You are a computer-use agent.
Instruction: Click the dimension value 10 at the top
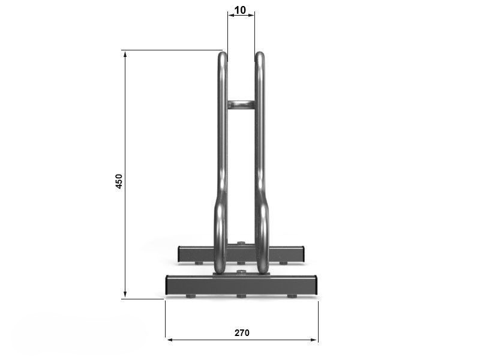click(x=240, y=10)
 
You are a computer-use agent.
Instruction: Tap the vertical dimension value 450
click(x=119, y=181)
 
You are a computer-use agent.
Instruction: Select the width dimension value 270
click(x=242, y=333)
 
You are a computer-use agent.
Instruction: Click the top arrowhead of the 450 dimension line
click(x=125, y=54)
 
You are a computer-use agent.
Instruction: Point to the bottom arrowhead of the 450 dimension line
click(x=125, y=294)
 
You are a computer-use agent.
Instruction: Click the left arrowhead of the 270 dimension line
click(x=170, y=340)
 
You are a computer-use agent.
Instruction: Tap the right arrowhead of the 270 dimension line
click(x=313, y=340)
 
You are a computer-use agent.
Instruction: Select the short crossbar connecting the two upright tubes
click(x=241, y=104)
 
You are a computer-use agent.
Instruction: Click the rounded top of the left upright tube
click(x=223, y=56)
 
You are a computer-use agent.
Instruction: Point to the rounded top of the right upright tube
click(x=260, y=56)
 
